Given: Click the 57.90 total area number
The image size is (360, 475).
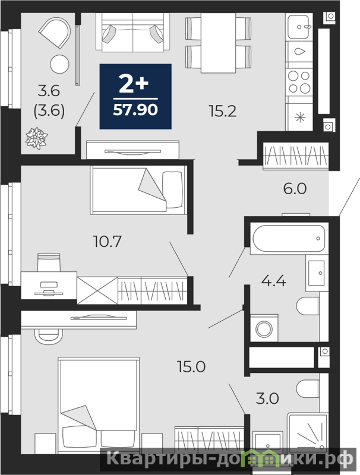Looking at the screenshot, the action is [x=135, y=110].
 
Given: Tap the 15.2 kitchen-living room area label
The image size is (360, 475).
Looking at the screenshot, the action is [x=222, y=112].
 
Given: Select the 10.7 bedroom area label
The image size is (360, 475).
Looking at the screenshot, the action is [x=108, y=242].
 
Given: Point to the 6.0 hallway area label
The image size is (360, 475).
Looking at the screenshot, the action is [x=295, y=188].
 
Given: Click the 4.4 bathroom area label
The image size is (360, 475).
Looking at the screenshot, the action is [x=274, y=281].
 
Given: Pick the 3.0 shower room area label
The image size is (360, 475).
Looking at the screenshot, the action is [x=267, y=398].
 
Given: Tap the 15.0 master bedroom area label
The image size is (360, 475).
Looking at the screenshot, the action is [x=191, y=367].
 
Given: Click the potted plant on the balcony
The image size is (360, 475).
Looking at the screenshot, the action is [x=37, y=138].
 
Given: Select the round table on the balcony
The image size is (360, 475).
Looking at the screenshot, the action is [x=59, y=64].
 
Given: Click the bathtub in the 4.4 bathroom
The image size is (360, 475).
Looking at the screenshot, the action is [x=289, y=239].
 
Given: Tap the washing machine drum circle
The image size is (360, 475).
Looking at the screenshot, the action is [x=264, y=330].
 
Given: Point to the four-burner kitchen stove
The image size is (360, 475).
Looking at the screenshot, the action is [x=299, y=82].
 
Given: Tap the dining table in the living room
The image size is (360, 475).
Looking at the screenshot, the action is [x=218, y=43].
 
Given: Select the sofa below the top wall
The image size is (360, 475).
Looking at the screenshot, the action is [x=132, y=33].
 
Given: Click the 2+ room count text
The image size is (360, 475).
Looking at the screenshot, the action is [x=134, y=84].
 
